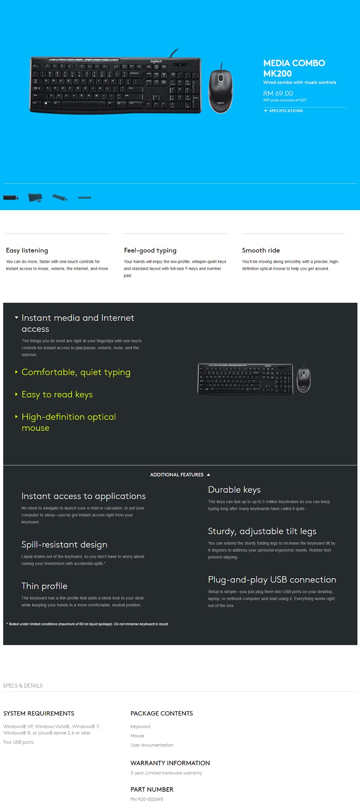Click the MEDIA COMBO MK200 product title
pos(294,68)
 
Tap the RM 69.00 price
pos(278,93)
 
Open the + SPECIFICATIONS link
pos(283,111)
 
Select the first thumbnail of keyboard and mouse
pos(11,197)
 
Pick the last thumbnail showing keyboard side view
pos(85,197)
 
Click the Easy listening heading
pos(27,250)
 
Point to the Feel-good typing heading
pos(150,250)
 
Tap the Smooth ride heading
pos(261,250)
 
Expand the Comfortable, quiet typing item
pos(76,372)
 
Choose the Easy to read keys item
pos(57,394)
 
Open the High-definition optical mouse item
pos(68,422)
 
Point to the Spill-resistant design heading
pos(64,544)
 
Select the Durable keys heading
pos(234,490)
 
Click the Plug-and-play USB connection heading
pos(272,580)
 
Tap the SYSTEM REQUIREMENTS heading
pos(39,713)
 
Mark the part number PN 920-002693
pos(147,799)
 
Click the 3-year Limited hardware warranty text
pos(166,773)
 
